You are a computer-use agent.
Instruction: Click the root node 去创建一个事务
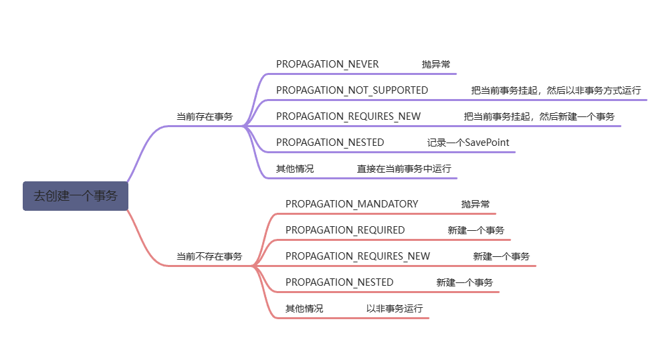click(75, 196)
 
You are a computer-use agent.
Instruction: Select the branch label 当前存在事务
click(205, 116)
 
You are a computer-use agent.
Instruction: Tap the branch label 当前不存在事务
click(209, 256)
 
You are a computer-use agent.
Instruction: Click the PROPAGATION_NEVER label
click(328, 64)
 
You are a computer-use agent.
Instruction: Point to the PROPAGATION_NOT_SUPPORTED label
click(352, 90)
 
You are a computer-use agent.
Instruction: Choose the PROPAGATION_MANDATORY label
click(352, 204)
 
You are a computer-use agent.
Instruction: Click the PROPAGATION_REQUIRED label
click(345, 230)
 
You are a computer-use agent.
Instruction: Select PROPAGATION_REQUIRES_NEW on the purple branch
click(348, 116)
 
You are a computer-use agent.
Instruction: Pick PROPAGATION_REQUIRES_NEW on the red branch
click(358, 256)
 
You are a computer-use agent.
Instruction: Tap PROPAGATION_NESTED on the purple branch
click(330, 143)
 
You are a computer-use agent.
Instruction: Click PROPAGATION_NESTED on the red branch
click(340, 282)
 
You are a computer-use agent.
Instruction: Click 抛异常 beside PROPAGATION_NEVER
click(436, 64)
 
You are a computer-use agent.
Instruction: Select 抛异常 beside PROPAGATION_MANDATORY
click(475, 204)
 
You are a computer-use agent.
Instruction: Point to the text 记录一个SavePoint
click(469, 143)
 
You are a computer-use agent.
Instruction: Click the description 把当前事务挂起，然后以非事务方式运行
click(556, 90)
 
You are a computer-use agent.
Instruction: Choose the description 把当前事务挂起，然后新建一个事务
click(539, 116)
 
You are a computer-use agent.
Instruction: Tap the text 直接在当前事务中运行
click(404, 169)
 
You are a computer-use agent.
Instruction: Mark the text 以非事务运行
click(395, 308)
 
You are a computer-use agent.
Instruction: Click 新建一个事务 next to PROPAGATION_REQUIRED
click(476, 230)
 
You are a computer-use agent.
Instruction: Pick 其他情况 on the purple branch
click(295, 169)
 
